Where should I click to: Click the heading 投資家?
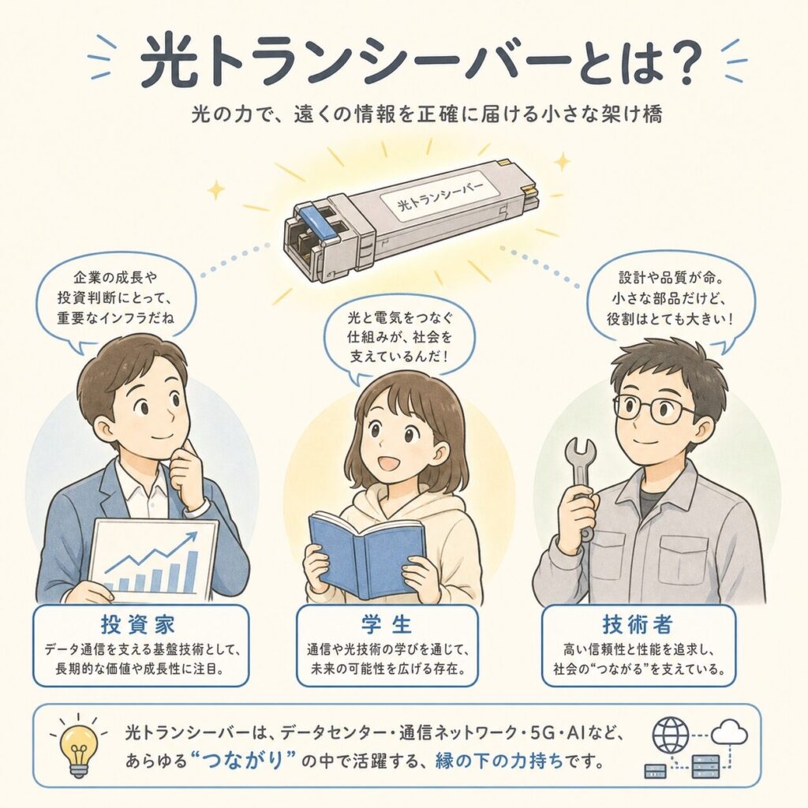click(x=138, y=625)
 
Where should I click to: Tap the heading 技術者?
click(x=638, y=625)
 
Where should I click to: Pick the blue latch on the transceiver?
click(x=316, y=221)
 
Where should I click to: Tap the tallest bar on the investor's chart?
click(x=193, y=572)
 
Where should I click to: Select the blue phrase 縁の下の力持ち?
click(x=499, y=761)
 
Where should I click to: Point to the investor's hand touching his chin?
click(x=185, y=466)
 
